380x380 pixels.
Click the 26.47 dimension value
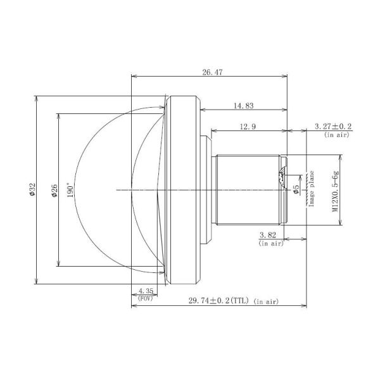pyautogui.click(x=212, y=72)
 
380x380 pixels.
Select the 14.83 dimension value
pyautogui.click(x=245, y=106)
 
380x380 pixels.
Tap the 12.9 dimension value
pyautogui.click(x=248, y=127)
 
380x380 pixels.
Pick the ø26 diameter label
pyautogui.click(x=54, y=189)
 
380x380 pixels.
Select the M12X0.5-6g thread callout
pyautogui.click(x=336, y=189)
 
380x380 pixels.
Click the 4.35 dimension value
pyautogui.click(x=146, y=291)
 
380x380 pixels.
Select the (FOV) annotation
pyautogui.click(x=146, y=298)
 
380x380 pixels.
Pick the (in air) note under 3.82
pyautogui.click(x=271, y=243)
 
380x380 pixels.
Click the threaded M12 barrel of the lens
pyautogui.click(x=247, y=189)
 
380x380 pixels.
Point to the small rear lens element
pyautogui.click(x=282, y=179)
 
